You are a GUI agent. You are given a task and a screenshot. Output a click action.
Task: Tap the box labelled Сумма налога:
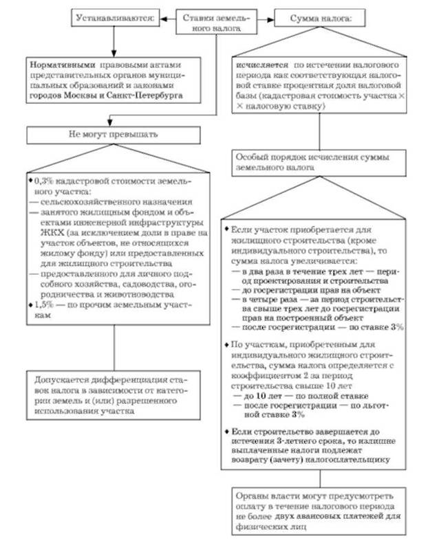coord(314,19)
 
